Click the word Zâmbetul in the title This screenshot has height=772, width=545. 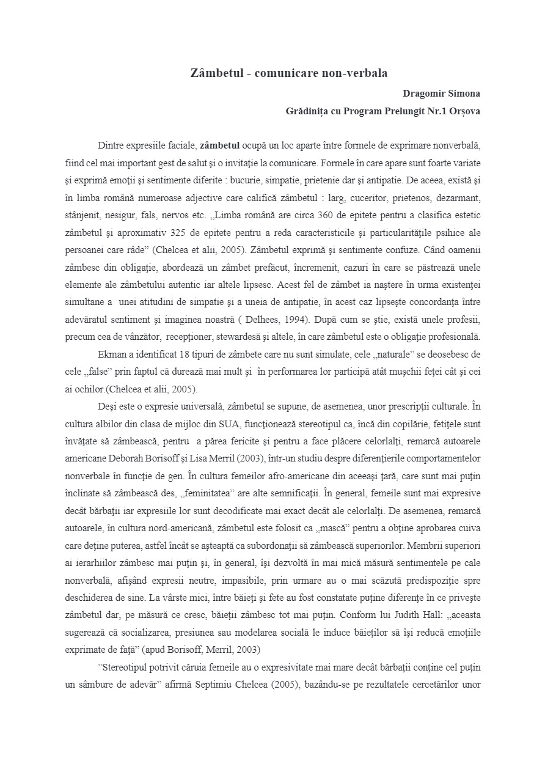pyautogui.click(x=213, y=73)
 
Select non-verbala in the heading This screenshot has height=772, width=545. pyautogui.click(x=360, y=73)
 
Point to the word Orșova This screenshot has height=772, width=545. pyautogui.click(x=465, y=111)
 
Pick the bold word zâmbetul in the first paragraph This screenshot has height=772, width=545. pyautogui.click(x=219, y=146)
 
